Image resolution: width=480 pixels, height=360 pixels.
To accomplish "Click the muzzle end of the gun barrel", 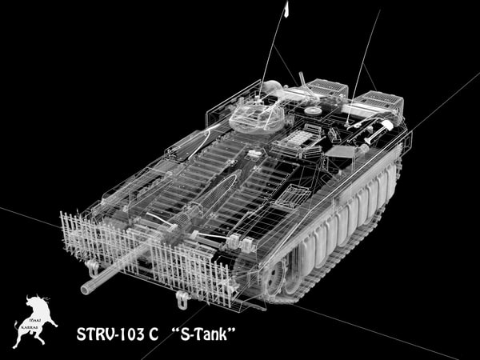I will pyautogui.click(x=84, y=288).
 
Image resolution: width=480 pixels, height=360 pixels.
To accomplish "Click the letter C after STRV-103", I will pyautogui.click(x=152, y=332).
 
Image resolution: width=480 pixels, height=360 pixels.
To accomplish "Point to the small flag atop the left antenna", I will pyautogui.click(x=286, y=9).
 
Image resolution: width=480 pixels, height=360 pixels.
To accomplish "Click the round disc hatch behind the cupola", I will pyautogui.click(x=313, y=110).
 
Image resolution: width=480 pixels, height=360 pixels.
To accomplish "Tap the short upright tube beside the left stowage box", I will pyautogui.click(x=302, y=80).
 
